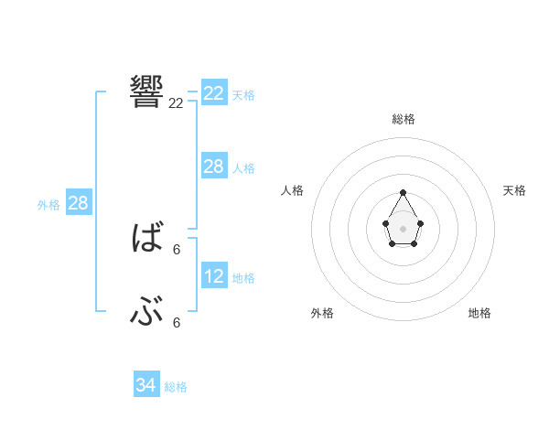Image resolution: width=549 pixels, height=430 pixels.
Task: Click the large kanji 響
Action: tap(147, 90)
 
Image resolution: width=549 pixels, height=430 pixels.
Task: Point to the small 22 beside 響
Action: tap(177, 103)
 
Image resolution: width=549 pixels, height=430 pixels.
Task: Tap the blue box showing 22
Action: tap(214, 93)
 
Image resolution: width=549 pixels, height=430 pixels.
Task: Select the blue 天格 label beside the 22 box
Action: tap(243, 94)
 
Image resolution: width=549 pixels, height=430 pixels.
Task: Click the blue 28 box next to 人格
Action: tap(214, 166)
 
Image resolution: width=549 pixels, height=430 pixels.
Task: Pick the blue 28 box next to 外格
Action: tap(79, 203)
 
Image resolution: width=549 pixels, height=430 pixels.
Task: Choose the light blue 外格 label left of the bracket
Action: tap(48, 205)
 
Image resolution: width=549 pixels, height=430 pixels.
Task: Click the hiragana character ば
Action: tap(147, 239)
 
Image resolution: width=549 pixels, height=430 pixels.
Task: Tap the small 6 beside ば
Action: tap(177, 250)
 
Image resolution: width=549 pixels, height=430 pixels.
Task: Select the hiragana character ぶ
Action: tap(147, 314)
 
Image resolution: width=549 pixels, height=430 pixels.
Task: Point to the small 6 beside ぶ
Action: tap(177, 323)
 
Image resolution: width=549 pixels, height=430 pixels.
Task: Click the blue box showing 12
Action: tap(214, 275)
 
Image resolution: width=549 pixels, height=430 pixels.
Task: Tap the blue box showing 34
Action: tap(146, 385)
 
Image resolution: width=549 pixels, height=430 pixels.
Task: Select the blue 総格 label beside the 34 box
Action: tap(176, 387)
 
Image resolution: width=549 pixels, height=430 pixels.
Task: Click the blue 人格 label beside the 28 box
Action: tap(243, 168)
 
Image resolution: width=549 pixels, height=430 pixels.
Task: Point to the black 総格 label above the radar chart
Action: tap(404, 119)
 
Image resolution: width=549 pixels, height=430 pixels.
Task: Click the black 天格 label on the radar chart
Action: tap(515, 190)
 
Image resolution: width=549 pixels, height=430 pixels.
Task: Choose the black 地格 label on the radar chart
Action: tap(479, 313)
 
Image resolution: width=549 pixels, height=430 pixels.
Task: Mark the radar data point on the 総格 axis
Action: tap(404, 193)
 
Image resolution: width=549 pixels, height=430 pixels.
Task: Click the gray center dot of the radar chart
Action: tap(404, 227)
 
